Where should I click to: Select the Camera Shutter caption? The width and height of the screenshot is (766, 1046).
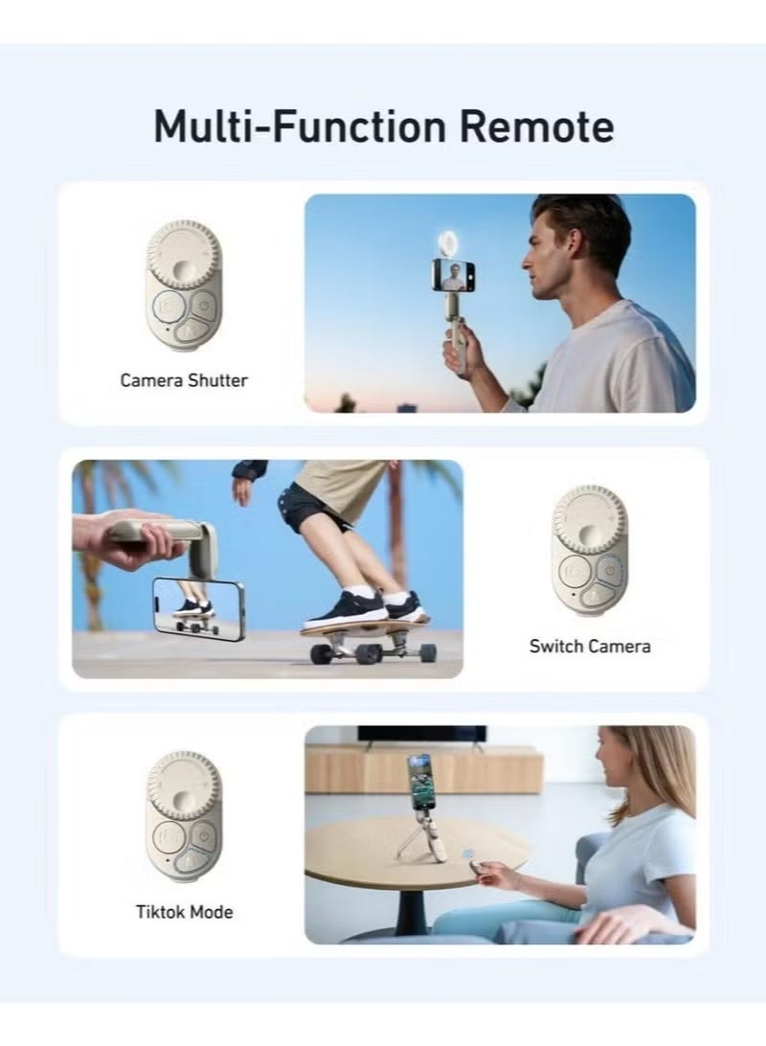pyautogui.click(x=183, y=380)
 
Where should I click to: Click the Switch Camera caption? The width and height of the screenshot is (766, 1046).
pyautogui.click(x=589, y=646)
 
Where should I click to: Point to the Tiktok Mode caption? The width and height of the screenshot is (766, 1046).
pyautogui.click(x=184, y=911)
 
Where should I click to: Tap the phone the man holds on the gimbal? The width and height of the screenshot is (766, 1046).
pyautogui.click(x=453, y=274)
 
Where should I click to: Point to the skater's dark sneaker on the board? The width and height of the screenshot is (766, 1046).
pyautogui.click(x=346, y=607)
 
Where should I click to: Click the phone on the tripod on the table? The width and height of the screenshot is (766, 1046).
pyautogui.click(x=418, y=781)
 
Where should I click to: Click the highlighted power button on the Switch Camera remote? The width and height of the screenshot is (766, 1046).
pyautogui.click(x=609, y=569)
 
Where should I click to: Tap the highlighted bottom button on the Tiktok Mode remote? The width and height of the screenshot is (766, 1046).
pyautogui.click(x=191, y=861)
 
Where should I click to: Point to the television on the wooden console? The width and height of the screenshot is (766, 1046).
pyautogui.click(x=422, y=734)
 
